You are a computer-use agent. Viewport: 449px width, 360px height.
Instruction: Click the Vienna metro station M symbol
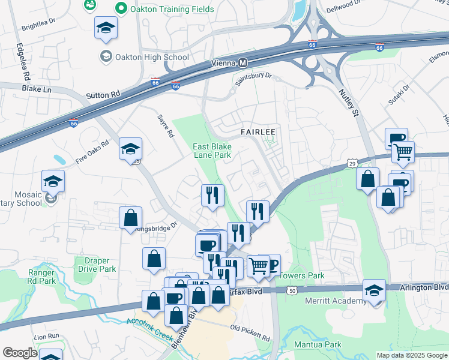tap(243, 63)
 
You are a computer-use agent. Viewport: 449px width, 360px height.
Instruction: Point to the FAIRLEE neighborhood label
tap(258, 131)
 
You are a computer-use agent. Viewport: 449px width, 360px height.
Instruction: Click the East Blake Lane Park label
tap(211, 151)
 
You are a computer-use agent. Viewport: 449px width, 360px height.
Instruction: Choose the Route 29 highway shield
tap(352, 163)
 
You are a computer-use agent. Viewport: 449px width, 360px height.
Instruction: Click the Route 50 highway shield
tap(292, 290)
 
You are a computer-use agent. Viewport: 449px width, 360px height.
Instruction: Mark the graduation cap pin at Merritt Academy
tap(374, 290)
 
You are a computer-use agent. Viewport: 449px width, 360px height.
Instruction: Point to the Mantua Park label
tap(318, 344)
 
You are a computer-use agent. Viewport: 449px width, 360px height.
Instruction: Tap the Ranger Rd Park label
tap(41, 277)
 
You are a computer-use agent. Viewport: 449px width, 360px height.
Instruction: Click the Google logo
tap(20, 353)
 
